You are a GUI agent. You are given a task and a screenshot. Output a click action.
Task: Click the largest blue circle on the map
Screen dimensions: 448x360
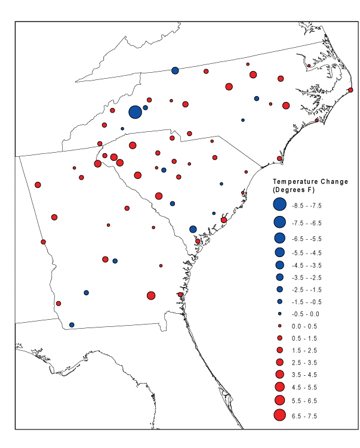tap(135, 112)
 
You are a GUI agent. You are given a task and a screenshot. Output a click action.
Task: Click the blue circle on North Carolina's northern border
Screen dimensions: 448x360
tap(175, 70)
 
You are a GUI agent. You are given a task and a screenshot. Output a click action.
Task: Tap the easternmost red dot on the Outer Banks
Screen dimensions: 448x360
tap(350, 90)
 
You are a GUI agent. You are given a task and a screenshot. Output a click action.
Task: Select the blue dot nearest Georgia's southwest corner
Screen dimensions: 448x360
tap(72, 325)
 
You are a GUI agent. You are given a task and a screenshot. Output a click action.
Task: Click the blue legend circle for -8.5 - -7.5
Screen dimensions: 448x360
tap(279, 205)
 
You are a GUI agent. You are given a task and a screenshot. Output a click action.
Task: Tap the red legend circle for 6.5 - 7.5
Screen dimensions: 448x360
tap(279, 415)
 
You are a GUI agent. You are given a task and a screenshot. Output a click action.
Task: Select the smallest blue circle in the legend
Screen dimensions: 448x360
tap(279, 314)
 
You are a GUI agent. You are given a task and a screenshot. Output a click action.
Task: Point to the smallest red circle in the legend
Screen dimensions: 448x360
tap(279, 326)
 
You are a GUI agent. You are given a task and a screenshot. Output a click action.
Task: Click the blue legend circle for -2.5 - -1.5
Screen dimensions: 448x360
tap(279, 289)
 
